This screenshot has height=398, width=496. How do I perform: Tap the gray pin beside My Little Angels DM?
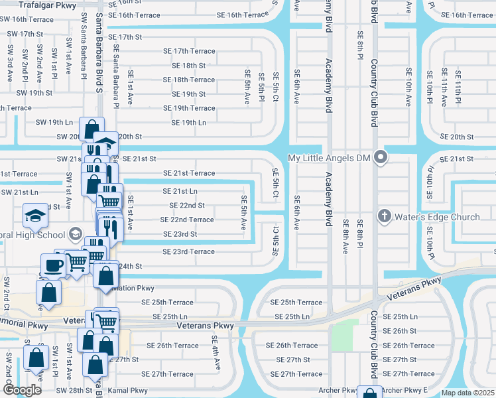click(381, 158)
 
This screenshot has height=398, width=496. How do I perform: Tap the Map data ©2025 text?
click(467, 393)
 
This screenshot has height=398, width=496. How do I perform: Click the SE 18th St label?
click(188, 66)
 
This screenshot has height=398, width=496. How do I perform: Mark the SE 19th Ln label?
click(188, 123)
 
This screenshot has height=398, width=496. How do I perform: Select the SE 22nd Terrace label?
click(187, 220)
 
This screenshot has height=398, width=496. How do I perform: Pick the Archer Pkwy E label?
click(404, 390)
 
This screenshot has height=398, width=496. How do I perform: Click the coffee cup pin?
click(53, 265)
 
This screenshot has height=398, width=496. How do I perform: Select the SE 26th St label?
click(400, 330)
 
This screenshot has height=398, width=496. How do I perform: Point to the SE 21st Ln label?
click(180, 191)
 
